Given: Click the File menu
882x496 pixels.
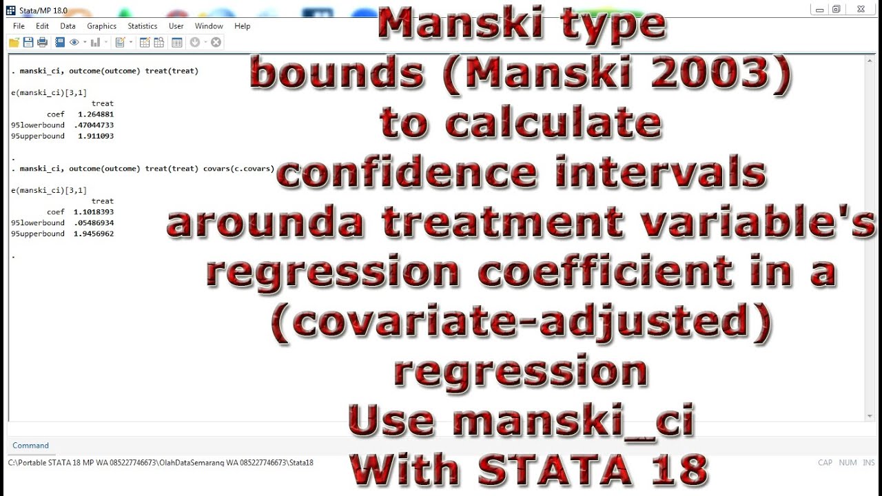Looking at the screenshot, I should coord(19,26).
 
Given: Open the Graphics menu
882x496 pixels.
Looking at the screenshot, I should coord(101,26).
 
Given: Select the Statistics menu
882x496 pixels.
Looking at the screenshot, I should coord(142,26).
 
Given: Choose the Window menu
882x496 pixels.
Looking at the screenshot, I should coord(209,26).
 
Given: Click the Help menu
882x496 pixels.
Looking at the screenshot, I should coord(242,26).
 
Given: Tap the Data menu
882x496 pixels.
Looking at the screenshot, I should coord(68,26).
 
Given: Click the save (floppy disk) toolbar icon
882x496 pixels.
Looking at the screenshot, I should coord(28,43).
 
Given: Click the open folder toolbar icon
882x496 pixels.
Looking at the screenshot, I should coord(14,43).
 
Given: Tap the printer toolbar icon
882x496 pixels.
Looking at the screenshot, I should coord(42,43).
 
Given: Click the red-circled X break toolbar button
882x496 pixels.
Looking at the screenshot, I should coord(216,43).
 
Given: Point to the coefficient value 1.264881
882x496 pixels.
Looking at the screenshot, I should coord(96,114).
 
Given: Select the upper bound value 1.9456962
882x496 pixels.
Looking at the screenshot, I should coord(93,234).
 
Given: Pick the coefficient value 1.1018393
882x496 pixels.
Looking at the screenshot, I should coord(93,212).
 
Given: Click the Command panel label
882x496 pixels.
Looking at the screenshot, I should coord(30,446).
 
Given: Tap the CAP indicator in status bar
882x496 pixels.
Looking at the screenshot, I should coord(825,463).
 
